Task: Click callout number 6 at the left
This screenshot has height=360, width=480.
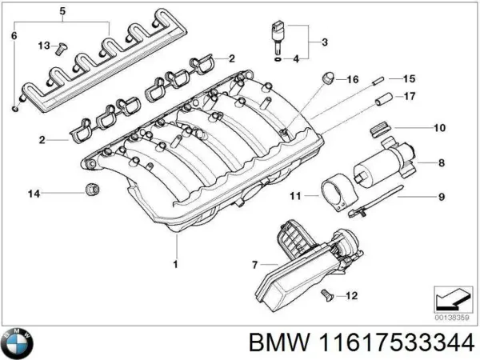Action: coord(12,37)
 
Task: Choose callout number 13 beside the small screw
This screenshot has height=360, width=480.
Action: coord(43,45)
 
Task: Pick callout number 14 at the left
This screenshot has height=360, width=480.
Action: coord(33,192)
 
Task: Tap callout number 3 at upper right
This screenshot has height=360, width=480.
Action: coord(324,42)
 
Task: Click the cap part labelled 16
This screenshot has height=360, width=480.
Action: coord(327,78)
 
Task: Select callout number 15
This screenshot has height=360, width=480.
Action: coord(408,78)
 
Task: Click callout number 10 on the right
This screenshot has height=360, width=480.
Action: coord(439,128)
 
